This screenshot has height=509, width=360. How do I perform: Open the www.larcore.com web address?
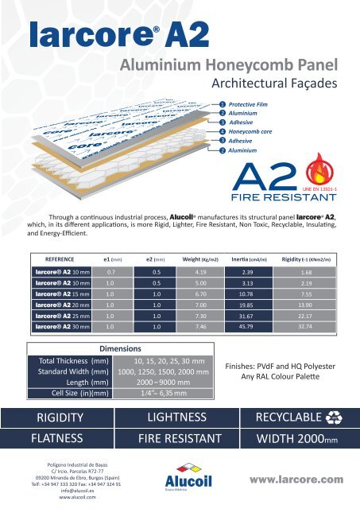click(294, 480)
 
